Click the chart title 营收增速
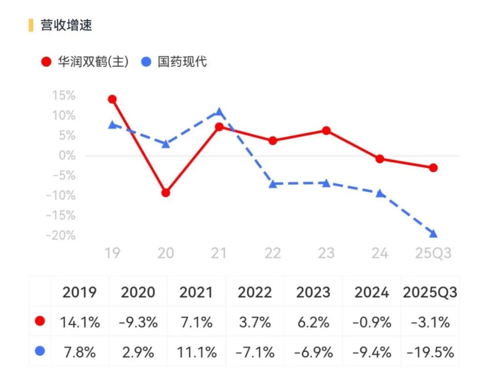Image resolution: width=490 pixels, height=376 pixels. click(66, 25)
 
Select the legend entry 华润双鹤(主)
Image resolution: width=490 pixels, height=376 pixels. click(85, 62)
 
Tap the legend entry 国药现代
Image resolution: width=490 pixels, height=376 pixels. click(175, 62)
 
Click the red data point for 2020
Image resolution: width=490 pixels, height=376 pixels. click(166, 193)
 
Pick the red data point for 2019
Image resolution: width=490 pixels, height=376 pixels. click(112, 99)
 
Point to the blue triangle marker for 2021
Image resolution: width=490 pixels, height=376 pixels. click(219, 111)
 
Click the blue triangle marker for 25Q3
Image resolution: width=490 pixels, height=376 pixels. click(433, 234)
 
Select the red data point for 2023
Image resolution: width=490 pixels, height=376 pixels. click(326, 131)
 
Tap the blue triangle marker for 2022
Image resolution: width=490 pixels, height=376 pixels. click(273, 184)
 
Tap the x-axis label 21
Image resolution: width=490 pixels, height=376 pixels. click(219, 253)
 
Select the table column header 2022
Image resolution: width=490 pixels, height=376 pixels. click(255, 292)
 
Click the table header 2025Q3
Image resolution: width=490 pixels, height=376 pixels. click(430, 292)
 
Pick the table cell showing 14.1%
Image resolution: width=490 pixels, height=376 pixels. click(80, 322)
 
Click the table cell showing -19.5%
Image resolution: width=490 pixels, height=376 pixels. click(430, 352)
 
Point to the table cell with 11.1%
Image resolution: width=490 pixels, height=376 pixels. click(196, 352)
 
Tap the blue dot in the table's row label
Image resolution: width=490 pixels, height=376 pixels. click(40, 351)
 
